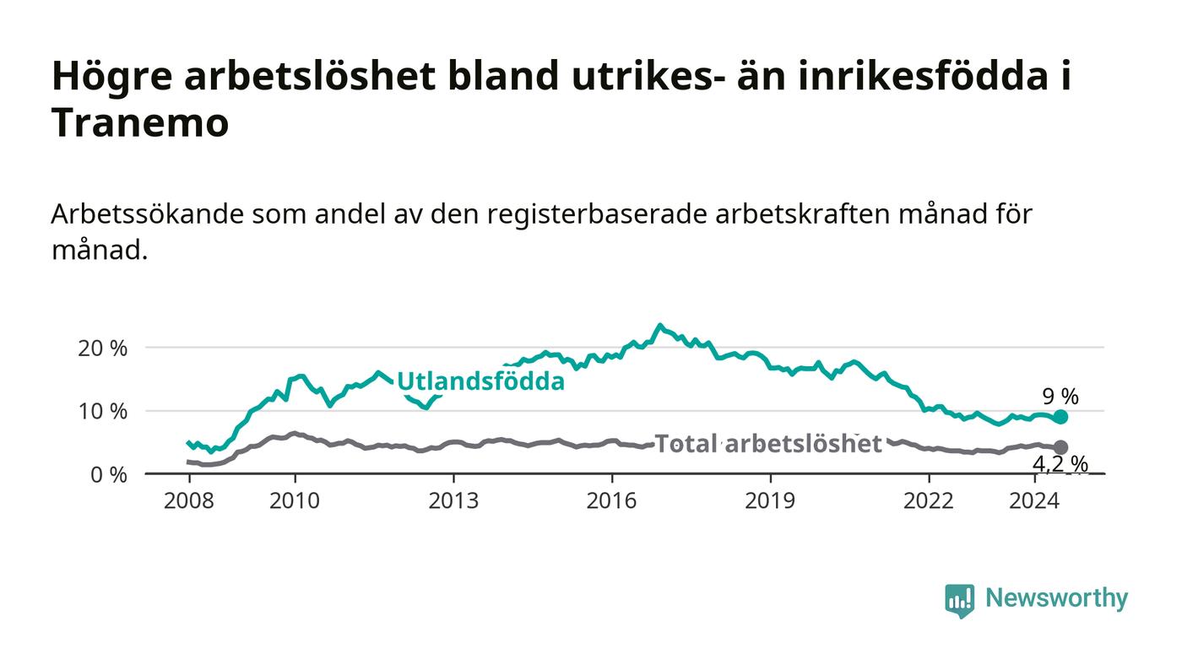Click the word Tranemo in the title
point(140,122)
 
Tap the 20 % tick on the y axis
point(102,349)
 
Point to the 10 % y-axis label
point(103,412)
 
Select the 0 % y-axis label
point(109,475)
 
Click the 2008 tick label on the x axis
point(189,500)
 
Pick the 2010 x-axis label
point(295,500)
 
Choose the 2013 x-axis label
point(453,500)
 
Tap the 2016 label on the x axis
point(611,500)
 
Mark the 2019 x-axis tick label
point(770,500)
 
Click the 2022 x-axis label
point(929,500)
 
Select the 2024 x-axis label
point(1034,500)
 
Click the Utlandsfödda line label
point(480,381)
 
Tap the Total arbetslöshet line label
point(768,443)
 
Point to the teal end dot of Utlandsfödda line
point(1060,418)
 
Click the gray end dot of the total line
point(1060,447)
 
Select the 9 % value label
point(1060,397)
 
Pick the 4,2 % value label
point(1060,464)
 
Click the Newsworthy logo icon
point(959,600)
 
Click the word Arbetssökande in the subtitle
point(147,214)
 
